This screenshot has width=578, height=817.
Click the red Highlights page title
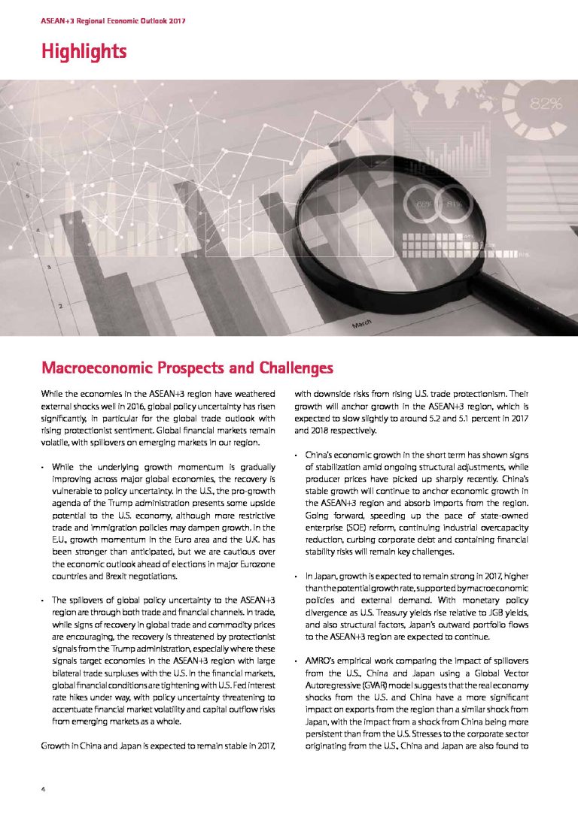[84, 51]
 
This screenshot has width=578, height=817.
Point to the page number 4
[44, 789]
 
